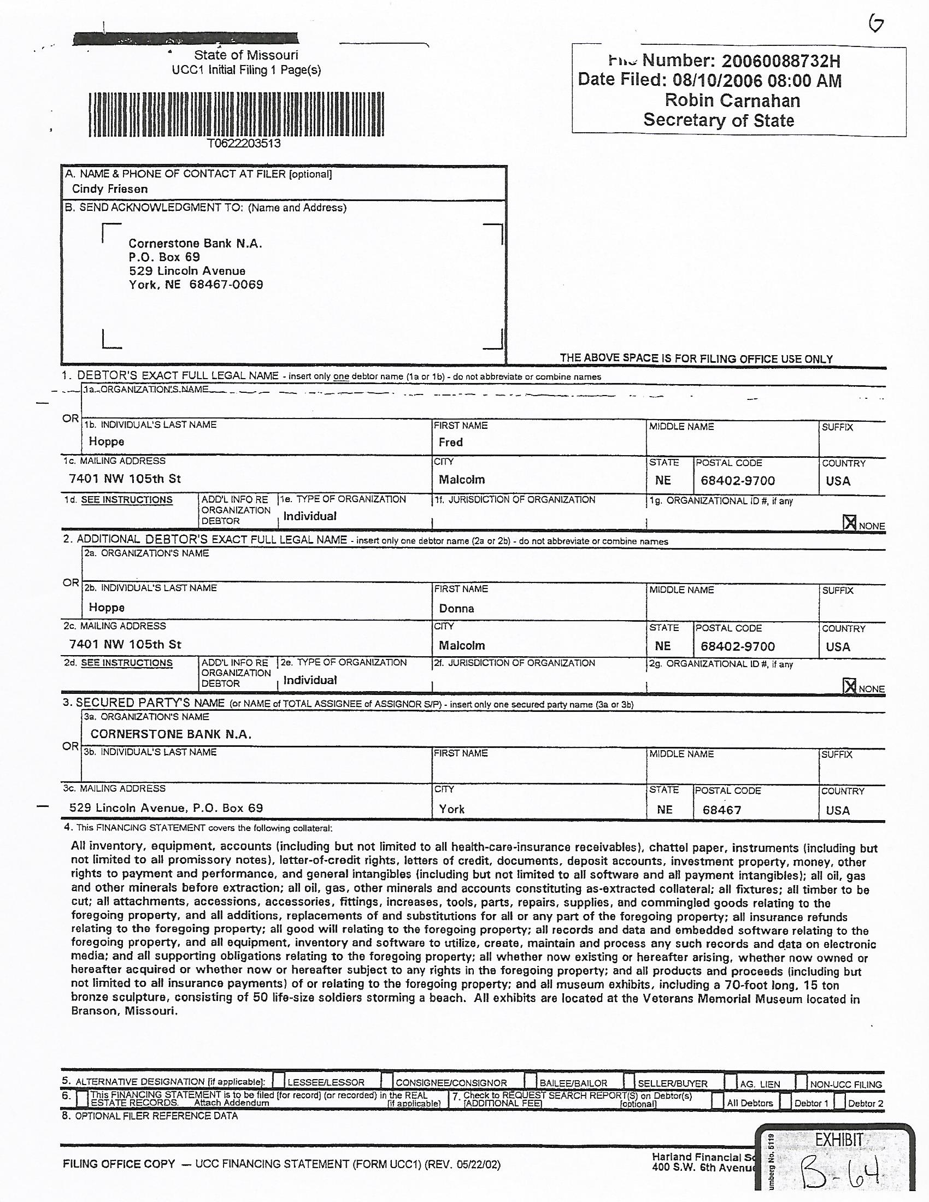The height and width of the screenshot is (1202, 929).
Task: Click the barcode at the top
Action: [x=236, y=115]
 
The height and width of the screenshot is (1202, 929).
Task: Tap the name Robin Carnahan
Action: [x=732, y=100]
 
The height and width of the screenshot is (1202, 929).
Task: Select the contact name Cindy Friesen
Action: [x=109, y=189]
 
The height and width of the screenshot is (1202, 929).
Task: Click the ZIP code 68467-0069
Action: [x=226, y=285]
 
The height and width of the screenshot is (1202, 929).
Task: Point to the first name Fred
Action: [x=450, y=442]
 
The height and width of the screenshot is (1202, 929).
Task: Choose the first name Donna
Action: [x=456, y=608]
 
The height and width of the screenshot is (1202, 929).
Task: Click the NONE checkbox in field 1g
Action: [x=850, y=523]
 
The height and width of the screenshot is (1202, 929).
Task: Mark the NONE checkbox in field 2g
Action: [x=850, y=686]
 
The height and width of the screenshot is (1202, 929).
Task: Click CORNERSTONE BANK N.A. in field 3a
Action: [x=170, y=734]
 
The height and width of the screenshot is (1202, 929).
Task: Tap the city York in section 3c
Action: [x=451, y=809]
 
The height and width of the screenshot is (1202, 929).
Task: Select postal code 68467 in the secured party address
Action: [x=721, y=810]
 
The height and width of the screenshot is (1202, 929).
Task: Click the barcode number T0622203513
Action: [x=244, y=144]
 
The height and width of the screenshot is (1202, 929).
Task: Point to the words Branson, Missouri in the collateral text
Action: [x=125, y=1011]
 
